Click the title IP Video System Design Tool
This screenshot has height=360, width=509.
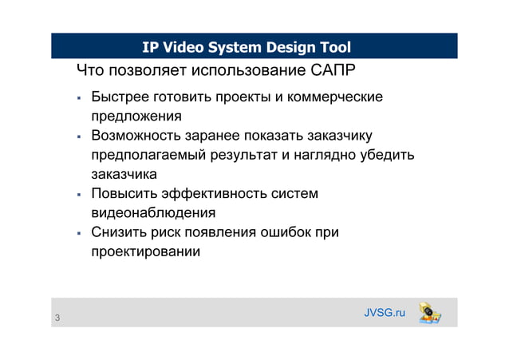coord(247,47)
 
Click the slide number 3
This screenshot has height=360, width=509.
coord(57,319)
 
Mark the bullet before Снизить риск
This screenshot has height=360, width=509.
coord(79,234)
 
